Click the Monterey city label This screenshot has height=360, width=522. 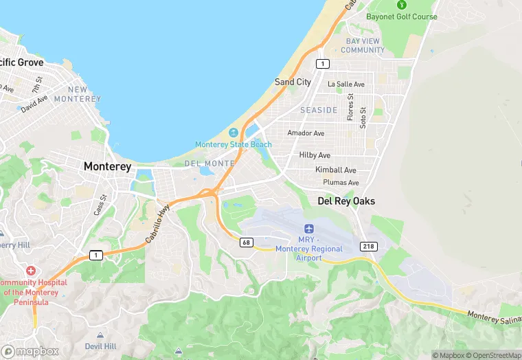coord(107,166)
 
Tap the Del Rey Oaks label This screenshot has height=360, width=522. coord(346,201)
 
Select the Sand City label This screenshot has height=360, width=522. coord(293,82)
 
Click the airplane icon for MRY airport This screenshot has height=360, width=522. coord(308,228)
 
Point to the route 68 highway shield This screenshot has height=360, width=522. coord(246,242)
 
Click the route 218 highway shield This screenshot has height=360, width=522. coord(367,246)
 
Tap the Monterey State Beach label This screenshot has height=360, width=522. coord(234,144)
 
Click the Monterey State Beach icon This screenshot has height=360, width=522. coord(234,133)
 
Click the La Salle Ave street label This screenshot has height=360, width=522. coord(346,84)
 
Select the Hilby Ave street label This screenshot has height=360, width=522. coord(315,155)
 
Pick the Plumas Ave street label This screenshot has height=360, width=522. coord(341,183)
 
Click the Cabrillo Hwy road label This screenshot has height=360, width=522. coord(157,226)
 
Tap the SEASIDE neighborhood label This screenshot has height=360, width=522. coord(319,110)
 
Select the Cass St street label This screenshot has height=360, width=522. coord(101,205)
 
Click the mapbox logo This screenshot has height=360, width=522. coord(30,351)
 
